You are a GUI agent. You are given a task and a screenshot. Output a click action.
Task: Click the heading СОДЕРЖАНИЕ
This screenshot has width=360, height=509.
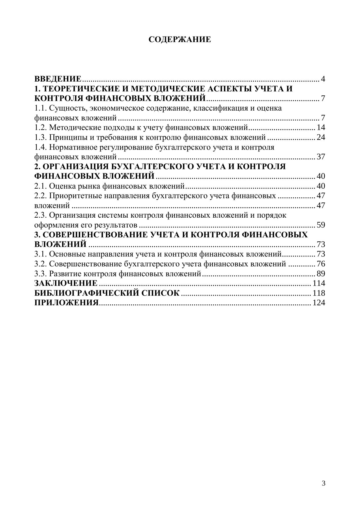[x=180, y=40]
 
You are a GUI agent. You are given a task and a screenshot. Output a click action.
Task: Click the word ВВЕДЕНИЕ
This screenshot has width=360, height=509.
[x=58, y=79]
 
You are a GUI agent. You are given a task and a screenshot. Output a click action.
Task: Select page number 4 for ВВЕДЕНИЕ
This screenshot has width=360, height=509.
[x=323, y=79]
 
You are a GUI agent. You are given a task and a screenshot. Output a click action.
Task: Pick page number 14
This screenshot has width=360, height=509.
[x=321, y=128]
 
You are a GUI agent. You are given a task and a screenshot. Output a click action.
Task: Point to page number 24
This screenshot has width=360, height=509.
[x=321, y=137]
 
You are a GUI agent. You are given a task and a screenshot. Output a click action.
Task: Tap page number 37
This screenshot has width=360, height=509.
[x=321, y=157]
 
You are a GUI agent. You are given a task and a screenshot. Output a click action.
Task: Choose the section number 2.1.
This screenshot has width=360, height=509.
[x=40, y=186]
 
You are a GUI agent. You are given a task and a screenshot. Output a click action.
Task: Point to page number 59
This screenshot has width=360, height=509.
[x=321, y=225]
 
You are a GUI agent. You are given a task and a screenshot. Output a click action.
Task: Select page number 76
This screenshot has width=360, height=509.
[x=321, y=264]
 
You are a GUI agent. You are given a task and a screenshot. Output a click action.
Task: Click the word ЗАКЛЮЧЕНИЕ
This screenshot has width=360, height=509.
[x=66, y=283]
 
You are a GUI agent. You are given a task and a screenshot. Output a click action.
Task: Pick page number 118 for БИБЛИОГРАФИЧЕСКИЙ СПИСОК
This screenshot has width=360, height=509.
[x=319, y=293]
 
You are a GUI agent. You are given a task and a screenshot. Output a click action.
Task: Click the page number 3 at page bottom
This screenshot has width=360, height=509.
[x=323, y=483]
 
